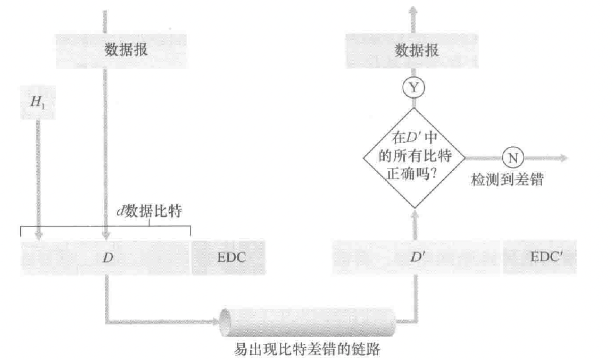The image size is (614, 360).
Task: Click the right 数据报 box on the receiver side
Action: (x=417, y=51)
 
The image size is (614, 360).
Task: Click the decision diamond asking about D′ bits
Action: (x=413, y=158)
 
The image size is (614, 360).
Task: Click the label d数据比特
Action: (x=151, y=211)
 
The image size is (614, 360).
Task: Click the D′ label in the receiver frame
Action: (x=416, y=257)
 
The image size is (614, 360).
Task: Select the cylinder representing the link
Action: (x=309, y=321)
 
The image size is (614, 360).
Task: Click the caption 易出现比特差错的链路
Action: (x=308, y=349)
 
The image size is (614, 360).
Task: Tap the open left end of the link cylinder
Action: (x=226, y=321)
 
